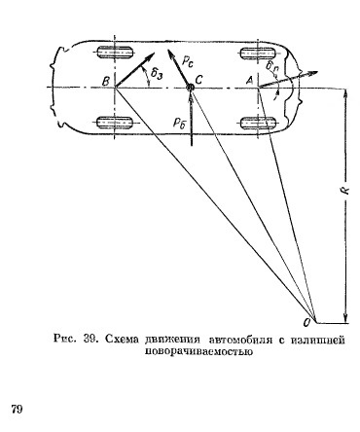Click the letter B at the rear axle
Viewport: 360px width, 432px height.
(x=103, y=78)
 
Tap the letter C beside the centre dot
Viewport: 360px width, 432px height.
(x=199, y=78)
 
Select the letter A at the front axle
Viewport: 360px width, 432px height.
(x=249, y=78)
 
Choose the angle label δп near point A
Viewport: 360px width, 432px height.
(x=276, y=70)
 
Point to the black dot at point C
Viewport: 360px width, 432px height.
(x=191, y=89)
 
